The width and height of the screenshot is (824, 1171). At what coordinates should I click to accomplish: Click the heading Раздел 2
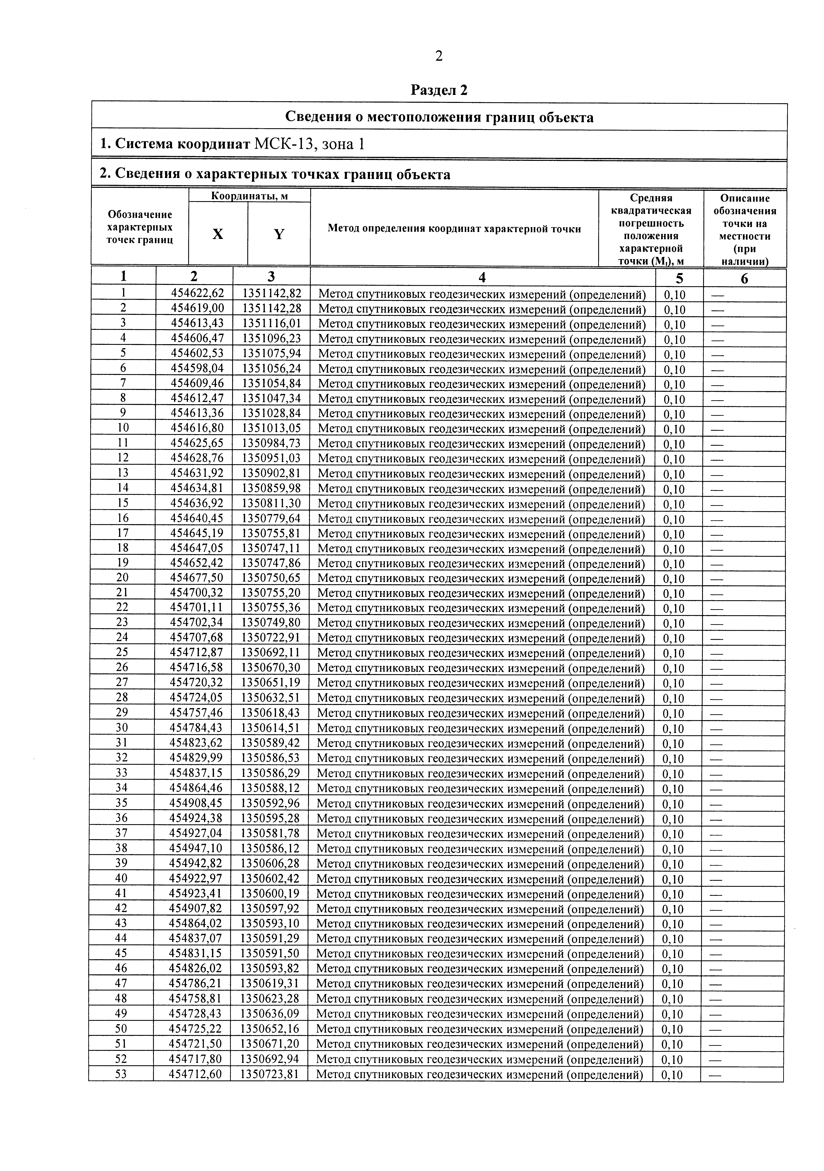pos(439,90)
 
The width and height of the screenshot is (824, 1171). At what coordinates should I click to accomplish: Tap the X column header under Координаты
pos(218,234)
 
